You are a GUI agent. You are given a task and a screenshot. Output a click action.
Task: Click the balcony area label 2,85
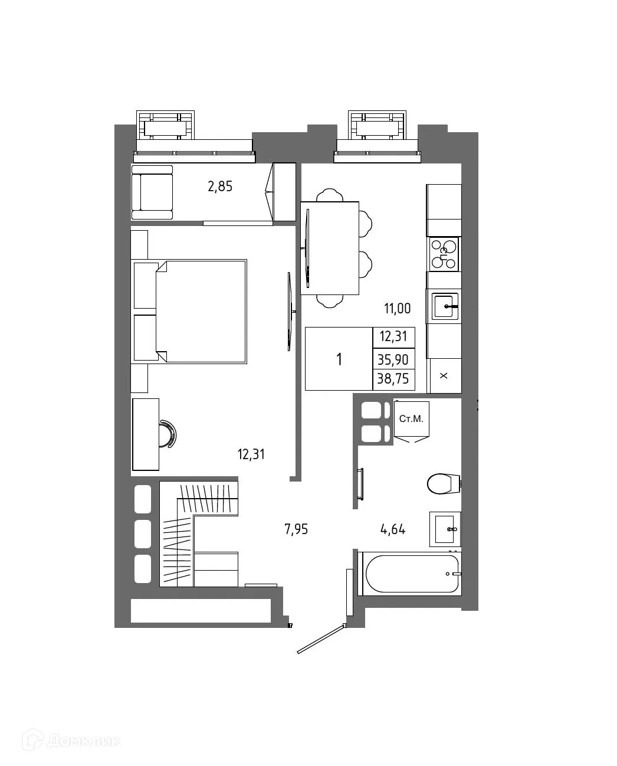tap(220, 187)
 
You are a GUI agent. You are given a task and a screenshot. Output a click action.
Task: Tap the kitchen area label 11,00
tap(397, 308)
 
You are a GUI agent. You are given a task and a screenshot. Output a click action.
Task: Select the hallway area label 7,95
tap(296, 529)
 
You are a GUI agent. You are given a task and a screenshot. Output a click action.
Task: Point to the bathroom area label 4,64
tap(393, 529)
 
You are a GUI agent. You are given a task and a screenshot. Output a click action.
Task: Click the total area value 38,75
tap(393, 379)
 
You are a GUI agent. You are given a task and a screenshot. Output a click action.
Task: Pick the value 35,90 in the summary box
tap(393, 359)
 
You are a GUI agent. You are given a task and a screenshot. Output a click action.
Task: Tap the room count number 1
tap(339, 359)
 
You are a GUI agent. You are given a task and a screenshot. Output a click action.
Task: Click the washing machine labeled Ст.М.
tap(411, 421)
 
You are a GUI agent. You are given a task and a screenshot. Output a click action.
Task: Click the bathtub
tap(412, 574)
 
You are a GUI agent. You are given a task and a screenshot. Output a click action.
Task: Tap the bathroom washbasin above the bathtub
tap(445, 529)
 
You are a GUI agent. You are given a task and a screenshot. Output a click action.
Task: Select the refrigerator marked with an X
tap(444, 375)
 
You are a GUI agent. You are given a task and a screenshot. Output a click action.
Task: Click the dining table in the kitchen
tap(330, 248)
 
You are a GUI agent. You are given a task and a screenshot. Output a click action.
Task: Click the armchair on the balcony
tap(152, 192)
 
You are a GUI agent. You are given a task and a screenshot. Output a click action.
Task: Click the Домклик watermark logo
tap(71, 740)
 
